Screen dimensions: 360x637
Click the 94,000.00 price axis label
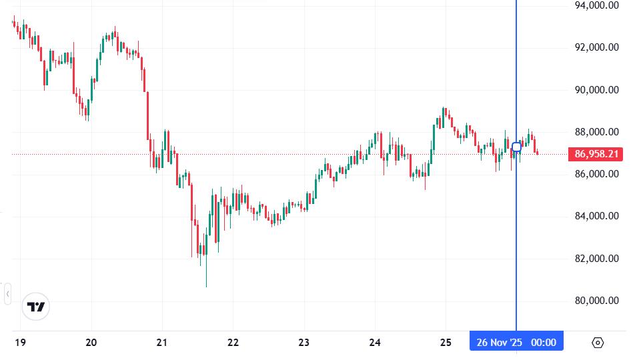coord(597,5)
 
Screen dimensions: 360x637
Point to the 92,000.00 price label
coord(597,47)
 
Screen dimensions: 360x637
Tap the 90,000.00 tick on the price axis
coord(597,90)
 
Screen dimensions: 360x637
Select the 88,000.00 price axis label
coord(597,132)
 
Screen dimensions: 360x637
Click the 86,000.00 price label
coord(597,174)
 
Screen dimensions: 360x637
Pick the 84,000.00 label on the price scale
coord(597,216)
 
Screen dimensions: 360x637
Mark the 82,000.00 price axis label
coord(597,259)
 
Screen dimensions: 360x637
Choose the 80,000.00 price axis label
coord(597,301)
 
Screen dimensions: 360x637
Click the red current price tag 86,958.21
coord(596,154)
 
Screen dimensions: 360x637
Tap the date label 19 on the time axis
coord(20,343)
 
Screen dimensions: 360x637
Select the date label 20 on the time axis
coord(91,343)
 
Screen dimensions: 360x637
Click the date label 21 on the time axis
coord(162,343)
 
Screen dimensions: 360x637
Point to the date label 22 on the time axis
coord(233,343)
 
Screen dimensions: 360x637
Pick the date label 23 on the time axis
coord(303,343)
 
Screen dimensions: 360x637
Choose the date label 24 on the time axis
coord(375,343)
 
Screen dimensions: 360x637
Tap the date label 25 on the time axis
coord(446,343)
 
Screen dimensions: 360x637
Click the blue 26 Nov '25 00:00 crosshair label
coord(516,343)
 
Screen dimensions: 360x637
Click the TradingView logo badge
coord(35,307)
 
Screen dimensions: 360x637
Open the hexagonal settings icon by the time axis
coord(598,343)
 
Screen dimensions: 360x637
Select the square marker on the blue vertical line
coord(516,147)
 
